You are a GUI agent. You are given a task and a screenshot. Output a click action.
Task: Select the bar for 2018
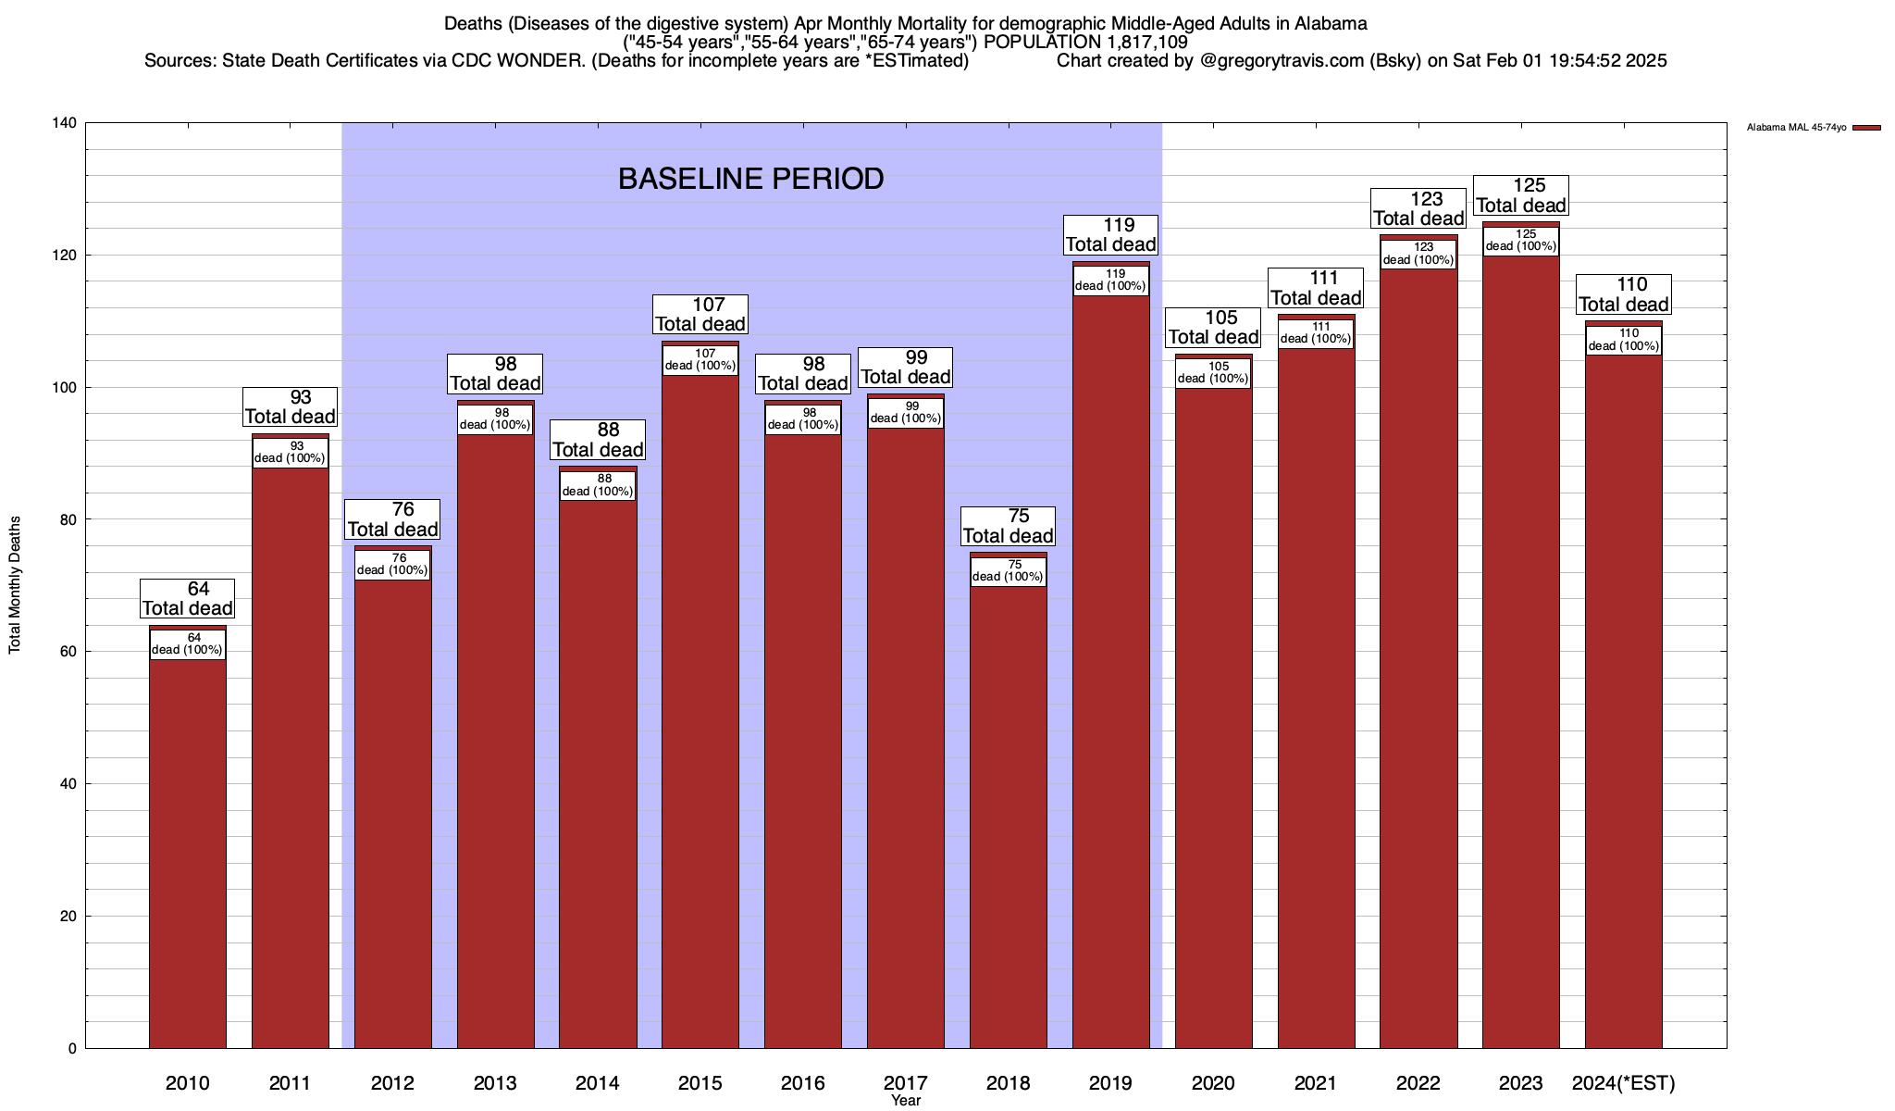click(1008, 815)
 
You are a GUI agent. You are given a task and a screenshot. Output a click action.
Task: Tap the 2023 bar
click(1520, 648)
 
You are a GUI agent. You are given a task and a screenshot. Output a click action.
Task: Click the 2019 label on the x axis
click(1110, 1083)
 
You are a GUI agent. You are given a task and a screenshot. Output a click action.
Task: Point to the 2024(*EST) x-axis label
click(1623, 1083)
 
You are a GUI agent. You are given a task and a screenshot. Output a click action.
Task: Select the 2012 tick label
click(392, 1083)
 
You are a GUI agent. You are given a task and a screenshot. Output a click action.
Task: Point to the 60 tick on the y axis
click(68, 652)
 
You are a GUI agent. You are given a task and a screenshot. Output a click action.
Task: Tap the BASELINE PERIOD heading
click(750, 179)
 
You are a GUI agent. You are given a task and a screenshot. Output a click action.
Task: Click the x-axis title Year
click(906, 1101)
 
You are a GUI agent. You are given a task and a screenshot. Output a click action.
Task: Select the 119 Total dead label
click(1110, 235)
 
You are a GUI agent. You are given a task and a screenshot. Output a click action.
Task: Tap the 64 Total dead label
click(187, 599)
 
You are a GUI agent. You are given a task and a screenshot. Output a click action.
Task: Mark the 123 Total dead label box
click(1418, 209)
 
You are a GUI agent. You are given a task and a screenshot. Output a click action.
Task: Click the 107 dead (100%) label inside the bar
click(700, 359)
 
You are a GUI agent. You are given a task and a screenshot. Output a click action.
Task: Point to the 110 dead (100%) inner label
click(1623, 340)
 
